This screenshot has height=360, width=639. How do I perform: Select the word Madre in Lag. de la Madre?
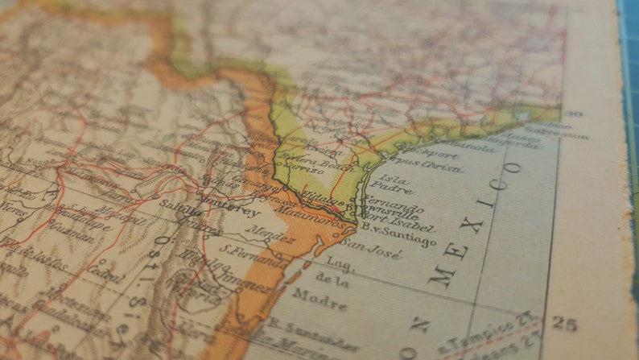click(320, 299)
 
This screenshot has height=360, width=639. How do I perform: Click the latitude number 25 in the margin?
click(564, 323)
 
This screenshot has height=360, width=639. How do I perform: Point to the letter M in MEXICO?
click(441, 275)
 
